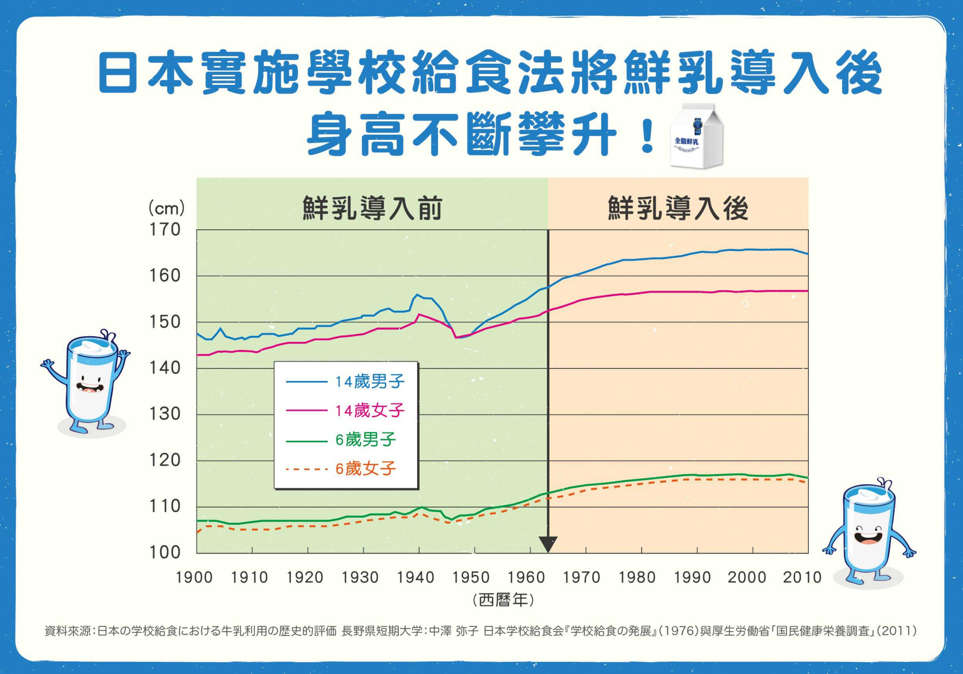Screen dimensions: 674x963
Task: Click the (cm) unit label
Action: point(167,209)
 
